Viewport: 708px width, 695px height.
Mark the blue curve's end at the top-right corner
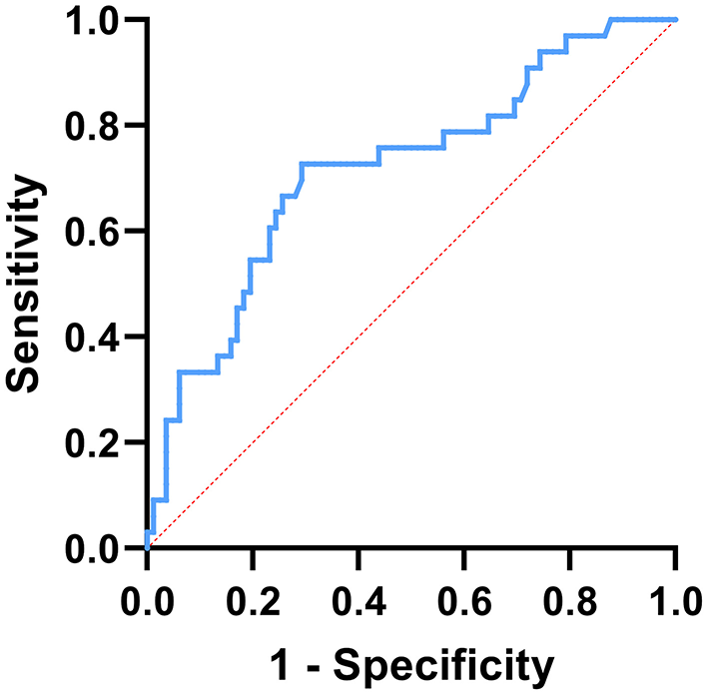tap(675, 20)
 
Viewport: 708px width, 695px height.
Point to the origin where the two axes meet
tap(147, 548)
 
